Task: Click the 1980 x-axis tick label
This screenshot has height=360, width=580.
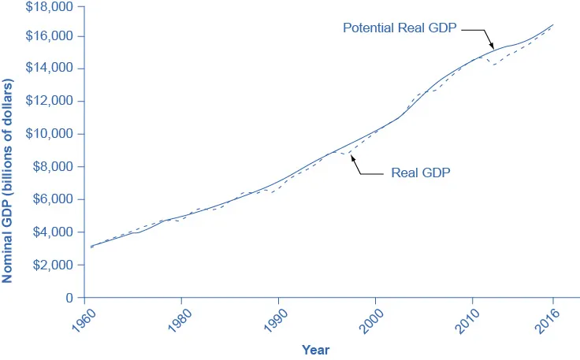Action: pos(171,321)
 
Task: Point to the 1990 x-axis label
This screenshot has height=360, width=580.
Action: pos(268,321)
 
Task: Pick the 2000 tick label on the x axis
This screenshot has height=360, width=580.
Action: pos(365,321)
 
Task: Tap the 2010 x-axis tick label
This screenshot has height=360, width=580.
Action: pos(462,321)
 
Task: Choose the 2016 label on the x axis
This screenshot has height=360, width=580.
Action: pos(543,321)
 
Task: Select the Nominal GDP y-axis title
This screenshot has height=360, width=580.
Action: pos(9,180)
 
